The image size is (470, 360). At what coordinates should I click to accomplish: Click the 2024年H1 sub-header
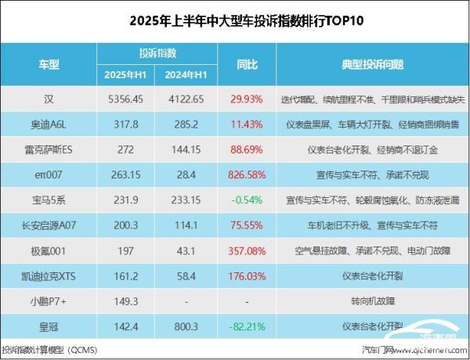coord(186,74)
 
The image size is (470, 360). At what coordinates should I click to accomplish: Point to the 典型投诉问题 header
coord(368,63)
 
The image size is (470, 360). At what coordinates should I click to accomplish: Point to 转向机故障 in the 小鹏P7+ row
coord(368,300)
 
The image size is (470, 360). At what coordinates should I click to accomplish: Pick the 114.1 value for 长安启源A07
coord(186,224)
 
